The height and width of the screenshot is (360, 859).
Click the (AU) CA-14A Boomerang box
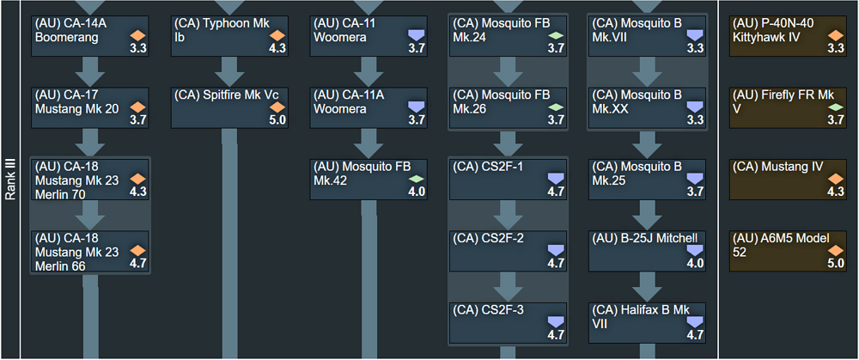point(90,34)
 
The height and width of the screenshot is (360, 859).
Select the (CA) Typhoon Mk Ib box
point(230,34)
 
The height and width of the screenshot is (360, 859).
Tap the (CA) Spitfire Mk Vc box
point(230,106)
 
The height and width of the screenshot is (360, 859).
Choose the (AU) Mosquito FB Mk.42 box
point(369,178)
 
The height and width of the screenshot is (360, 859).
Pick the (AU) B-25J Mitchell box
point(648,250)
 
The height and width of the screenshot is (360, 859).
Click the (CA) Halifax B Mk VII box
point(648,320)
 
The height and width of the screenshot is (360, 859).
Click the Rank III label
point(10,180)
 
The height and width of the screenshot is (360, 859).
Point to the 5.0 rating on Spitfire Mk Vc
point(277,120)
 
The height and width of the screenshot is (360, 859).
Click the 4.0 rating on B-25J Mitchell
point(695,264)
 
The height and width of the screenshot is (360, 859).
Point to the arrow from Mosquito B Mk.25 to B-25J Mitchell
point(648,214)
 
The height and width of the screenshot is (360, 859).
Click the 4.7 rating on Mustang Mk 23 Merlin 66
point(137,264)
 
